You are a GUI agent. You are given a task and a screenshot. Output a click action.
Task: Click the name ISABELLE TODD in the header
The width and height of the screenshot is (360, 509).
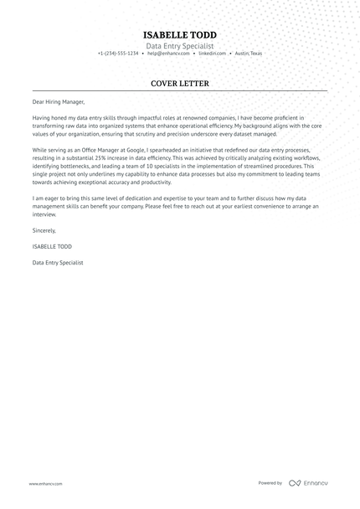point(180,33)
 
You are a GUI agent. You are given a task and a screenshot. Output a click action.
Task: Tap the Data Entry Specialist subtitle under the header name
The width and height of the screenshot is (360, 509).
point(180,45)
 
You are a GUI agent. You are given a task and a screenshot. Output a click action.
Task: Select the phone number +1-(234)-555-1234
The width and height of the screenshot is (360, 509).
point(118,54)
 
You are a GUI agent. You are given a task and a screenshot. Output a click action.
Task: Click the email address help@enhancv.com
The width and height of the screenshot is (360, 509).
point(167,54)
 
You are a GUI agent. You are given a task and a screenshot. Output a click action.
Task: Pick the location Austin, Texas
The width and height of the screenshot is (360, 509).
point(248,54)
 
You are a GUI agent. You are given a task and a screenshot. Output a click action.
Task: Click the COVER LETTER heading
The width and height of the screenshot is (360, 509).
point(180,84)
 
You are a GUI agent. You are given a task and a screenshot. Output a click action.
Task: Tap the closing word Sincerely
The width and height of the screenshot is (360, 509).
point(44,229)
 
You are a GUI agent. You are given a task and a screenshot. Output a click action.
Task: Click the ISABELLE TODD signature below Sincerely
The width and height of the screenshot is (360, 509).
point(53,247)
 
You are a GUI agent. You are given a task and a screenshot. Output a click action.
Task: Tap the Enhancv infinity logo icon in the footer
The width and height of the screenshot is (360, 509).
point(294,483)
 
